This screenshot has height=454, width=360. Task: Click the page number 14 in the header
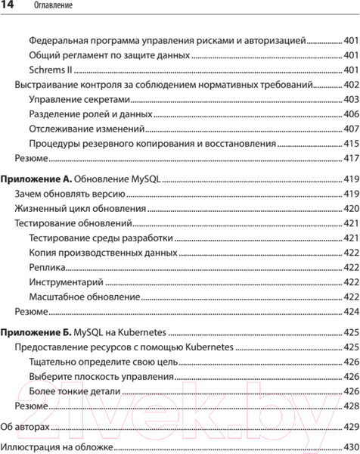(11, 7)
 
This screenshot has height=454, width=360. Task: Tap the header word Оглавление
(54, 7)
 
